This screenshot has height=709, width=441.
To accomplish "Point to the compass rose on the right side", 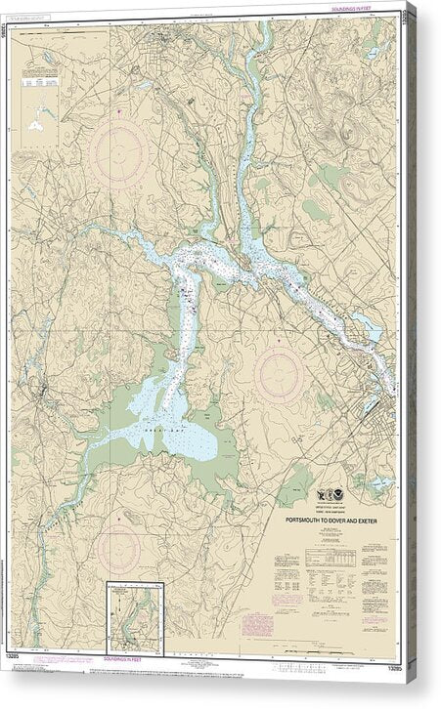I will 278,374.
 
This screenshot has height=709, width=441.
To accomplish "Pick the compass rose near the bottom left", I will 118,549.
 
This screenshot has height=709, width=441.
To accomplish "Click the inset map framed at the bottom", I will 135,615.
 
